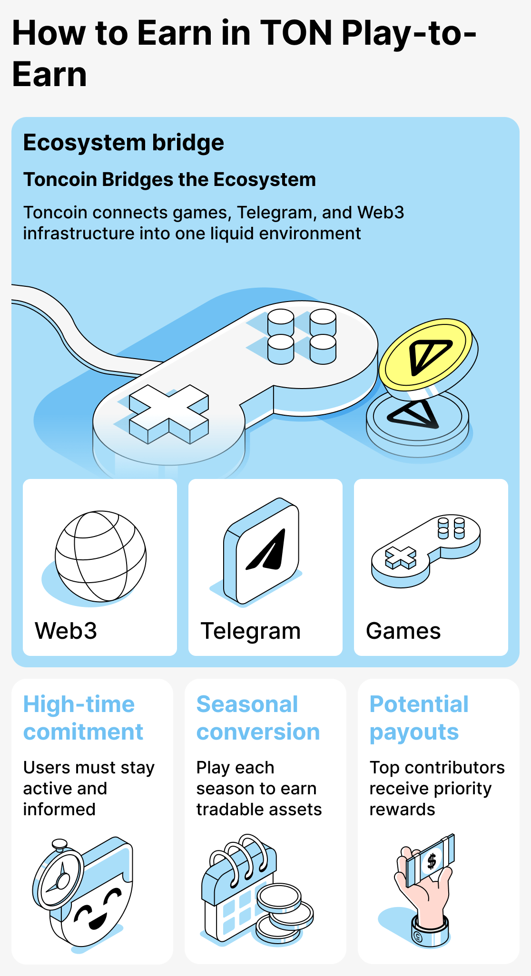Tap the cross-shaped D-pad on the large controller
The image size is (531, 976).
coord(168,413)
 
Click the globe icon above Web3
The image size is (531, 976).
coord(100,556)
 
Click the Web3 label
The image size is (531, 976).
coord(66,631)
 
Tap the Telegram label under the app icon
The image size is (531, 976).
coord(250,631)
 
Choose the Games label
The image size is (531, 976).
coord(403,631)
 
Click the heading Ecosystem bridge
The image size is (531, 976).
coord(123,143)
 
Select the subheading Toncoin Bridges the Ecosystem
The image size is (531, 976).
coord(169,180)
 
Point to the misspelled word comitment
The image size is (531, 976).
coord(83,732)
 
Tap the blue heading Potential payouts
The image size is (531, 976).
coord(419,718)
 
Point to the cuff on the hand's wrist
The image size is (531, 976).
coord(430,930)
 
